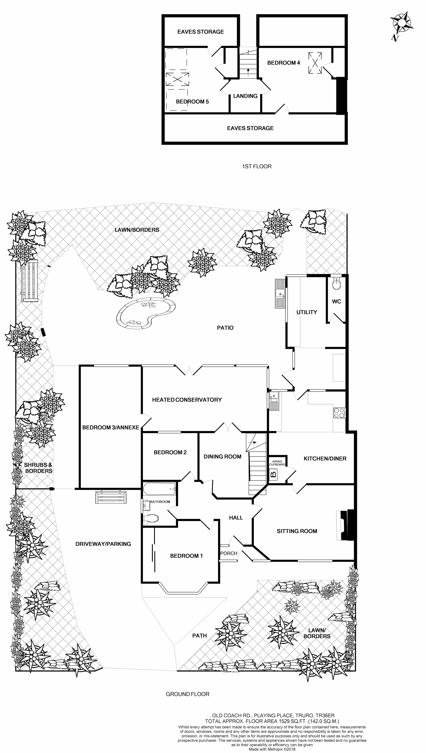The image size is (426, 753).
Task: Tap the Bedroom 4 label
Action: (284, 63)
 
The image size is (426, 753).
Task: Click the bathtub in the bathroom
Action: (159, 489)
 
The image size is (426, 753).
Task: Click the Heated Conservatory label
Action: (187, 400)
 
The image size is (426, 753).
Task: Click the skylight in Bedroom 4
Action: (315, 63)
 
